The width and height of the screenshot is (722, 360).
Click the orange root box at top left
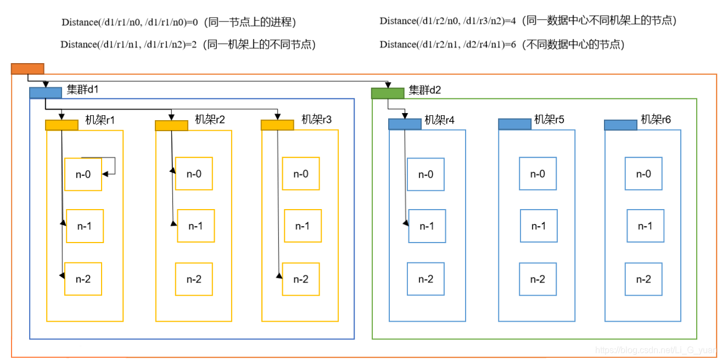point(27,69)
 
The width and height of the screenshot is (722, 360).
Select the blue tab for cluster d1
point(46,92)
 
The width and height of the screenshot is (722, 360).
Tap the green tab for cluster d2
point(388,93)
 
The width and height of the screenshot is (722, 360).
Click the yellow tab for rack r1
point(61,125)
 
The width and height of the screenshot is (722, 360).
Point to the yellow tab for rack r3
point(277,125)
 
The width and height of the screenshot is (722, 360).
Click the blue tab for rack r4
point(405,124)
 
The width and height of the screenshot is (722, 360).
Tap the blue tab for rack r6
point(620,125)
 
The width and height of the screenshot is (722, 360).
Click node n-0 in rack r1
point(83,175)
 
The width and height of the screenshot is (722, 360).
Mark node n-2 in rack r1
point(83,279)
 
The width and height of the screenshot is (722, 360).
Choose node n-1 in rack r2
point(196,226)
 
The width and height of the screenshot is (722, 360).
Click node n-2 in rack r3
point(301,279)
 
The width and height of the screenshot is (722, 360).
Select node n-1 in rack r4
point(427,226)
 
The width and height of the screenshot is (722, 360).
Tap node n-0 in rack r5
point(538,174)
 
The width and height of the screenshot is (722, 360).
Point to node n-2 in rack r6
point(643,279)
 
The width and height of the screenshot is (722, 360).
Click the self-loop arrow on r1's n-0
point(114,165)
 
